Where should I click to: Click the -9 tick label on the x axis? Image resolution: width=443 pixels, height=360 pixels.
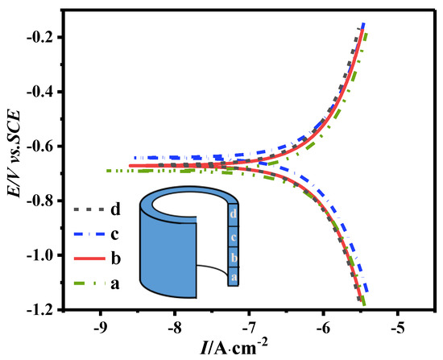[100, 328]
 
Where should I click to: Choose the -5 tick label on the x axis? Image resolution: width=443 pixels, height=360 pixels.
[397, 328]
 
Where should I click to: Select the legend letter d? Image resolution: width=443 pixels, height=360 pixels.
[116, 210]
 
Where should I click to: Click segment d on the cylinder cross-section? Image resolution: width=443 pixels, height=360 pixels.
[233, 214]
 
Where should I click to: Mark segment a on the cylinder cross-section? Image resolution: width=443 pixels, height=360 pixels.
[233, 275]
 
